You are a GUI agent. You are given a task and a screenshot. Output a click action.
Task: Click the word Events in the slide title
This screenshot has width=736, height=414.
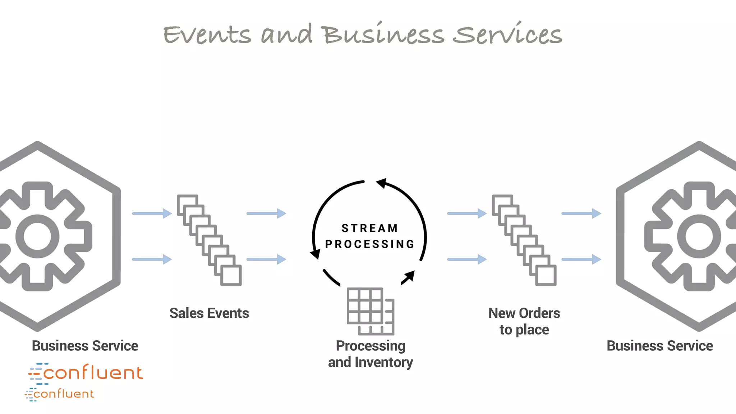pos(207,35)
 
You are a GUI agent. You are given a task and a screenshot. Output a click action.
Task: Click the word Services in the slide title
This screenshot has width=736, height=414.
pos(507,34)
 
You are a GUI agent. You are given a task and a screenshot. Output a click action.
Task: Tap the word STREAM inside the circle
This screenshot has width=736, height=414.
pos(369,228)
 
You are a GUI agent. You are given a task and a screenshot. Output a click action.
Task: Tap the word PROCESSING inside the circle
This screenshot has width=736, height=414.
pos(370,244)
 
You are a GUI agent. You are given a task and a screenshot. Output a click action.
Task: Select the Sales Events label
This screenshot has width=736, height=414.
pos(209,313)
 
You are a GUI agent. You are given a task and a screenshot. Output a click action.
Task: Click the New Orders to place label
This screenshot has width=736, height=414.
pos(524,321)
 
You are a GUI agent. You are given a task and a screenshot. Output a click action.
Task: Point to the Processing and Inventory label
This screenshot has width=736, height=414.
pos(371,354)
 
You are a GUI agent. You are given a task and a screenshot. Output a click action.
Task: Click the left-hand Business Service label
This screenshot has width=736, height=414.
pos(85,346)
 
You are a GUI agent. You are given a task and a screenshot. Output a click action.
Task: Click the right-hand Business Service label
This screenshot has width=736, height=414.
pos(660,346)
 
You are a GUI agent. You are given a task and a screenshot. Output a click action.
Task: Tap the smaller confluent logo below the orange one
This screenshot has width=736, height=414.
pos(60,394)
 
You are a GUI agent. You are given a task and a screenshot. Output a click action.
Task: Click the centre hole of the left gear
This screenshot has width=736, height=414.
pos(37,236)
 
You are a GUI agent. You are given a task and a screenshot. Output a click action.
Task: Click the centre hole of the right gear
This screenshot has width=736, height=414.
pos(699,236)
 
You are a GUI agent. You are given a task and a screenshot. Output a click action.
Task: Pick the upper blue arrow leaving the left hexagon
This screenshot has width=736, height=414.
pos(152,213)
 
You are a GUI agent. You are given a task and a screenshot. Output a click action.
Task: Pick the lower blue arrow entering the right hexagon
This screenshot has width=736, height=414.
pos(581,259)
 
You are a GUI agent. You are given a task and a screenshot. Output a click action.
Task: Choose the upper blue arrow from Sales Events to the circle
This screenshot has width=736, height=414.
pos(266,213)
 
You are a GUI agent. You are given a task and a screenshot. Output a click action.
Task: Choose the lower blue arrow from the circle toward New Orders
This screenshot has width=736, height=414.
pos(466,259)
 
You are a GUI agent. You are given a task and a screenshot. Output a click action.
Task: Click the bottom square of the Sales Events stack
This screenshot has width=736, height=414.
pos(231,276)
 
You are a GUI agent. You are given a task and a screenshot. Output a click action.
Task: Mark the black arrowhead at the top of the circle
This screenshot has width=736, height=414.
pos(381,183)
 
